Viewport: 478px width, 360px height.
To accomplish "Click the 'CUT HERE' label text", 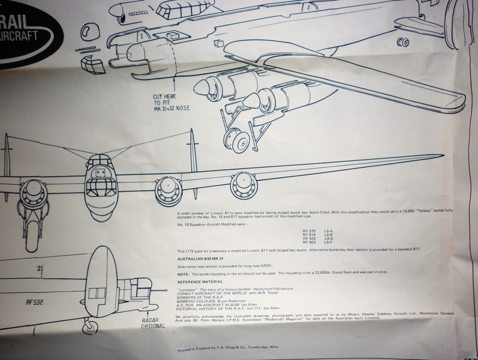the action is (164, 97).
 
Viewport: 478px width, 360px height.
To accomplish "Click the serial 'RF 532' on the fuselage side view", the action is (35, 302).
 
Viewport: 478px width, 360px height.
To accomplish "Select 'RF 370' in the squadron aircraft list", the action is (309, 231).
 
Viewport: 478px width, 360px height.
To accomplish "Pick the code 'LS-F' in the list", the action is (328, 242).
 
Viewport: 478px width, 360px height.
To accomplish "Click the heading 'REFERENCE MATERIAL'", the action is (200, 282).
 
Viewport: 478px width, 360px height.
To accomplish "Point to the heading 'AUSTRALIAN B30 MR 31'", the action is (201, 258).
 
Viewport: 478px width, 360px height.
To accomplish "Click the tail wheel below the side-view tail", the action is (88, 327).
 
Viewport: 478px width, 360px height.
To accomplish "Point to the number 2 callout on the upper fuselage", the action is (308, 7).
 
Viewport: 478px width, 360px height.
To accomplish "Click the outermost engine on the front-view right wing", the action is (243, 186).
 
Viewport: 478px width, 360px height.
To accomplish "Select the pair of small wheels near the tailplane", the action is (403, 43).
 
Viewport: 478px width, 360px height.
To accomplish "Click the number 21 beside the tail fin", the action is (41, 270).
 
